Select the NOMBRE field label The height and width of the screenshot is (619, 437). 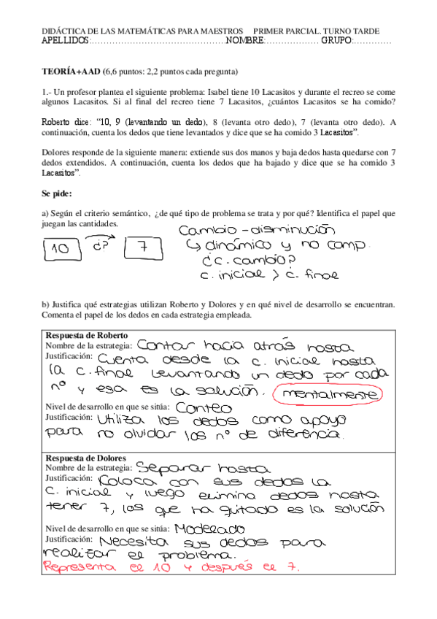tap(244, 40)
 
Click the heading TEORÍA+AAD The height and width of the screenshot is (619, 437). tap(72, 72)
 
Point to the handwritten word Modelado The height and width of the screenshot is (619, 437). tap(206, 528)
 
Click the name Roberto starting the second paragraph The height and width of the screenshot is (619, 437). tap(59, 122)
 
